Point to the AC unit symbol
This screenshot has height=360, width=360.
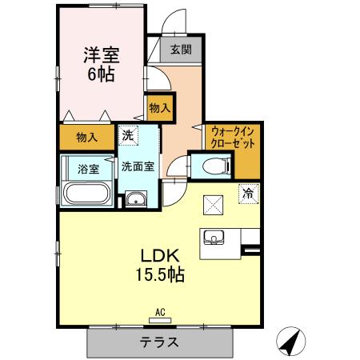click(159, 317)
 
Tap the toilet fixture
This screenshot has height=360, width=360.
click(214, 166)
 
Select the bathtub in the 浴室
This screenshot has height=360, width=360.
click(87, 194)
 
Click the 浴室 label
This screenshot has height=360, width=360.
click(88, 169)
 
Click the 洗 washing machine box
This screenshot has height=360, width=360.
click(128, 136)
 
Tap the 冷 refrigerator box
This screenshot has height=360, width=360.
click(248, 192)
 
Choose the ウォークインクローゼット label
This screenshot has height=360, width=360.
click(232, 138)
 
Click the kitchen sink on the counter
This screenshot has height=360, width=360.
click(214, 237)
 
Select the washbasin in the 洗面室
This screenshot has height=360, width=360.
click(137, 200)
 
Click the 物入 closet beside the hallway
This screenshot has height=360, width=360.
click(158, 107)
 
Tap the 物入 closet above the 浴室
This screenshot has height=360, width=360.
click(87, 138)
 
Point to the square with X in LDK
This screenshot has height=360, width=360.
click(213, 204)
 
